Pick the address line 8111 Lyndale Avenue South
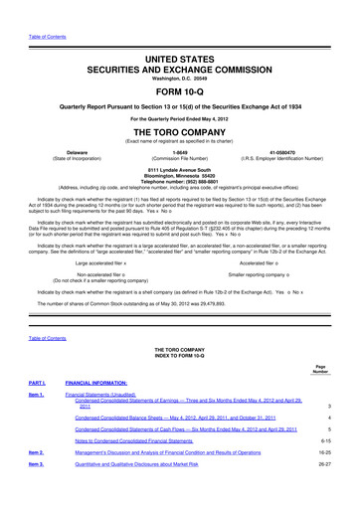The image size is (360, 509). (179, 171)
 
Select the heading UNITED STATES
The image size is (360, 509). (179, 34)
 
